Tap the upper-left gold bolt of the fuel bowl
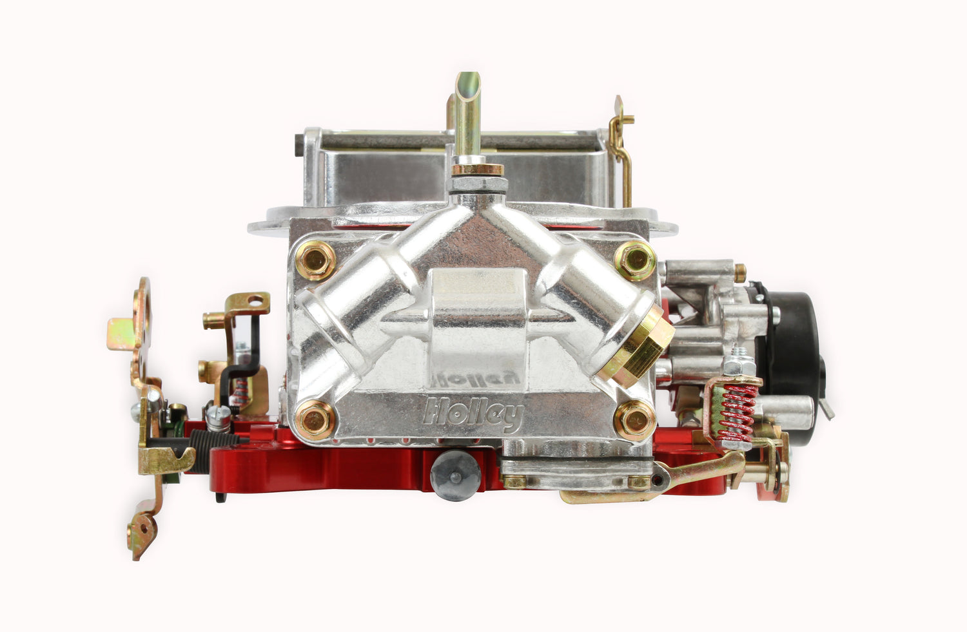(316, 260)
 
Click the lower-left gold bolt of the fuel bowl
(316, 420)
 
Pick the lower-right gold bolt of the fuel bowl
(634, 420)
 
